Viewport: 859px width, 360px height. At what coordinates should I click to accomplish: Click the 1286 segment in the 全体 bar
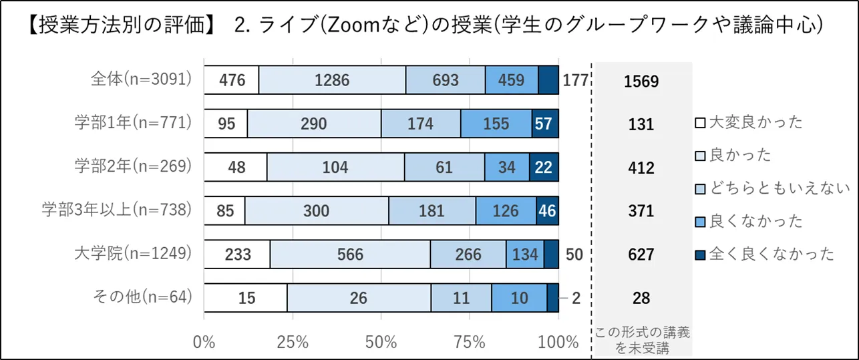point(332,81)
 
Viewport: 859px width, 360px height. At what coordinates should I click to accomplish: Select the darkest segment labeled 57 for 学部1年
point(544,124)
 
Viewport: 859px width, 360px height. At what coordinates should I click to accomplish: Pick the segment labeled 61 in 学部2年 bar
point(444,168)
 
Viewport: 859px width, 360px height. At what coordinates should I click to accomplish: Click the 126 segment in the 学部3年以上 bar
point(506,211)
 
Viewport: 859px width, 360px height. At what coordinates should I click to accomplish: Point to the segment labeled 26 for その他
point(359,298)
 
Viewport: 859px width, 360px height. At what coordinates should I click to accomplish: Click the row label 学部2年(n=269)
point(133,166)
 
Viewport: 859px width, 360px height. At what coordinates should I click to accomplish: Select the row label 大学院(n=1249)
point(134,253)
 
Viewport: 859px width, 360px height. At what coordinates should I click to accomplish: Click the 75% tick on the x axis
point(469,342)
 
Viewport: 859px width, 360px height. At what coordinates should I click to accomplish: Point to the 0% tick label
point(204,342)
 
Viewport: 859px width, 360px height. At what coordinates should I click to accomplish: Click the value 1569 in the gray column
point(641,81)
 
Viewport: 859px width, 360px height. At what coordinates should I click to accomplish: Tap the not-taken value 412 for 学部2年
point(641,168)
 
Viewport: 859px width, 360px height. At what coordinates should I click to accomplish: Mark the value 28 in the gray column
point(641,299)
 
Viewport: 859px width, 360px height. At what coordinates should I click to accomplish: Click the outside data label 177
point(574,81)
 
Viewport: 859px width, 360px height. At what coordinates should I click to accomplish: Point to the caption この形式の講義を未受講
point(641,338)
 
